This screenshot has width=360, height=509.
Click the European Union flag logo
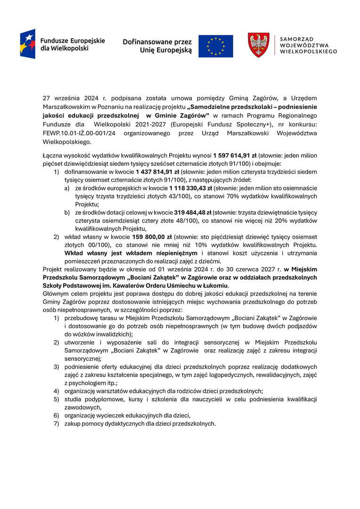tap(215, 46)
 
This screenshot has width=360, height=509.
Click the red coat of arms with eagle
tap(259, 45)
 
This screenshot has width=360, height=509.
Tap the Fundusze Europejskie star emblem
tap(28, 44)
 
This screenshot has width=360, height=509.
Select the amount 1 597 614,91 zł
tap(235, 155)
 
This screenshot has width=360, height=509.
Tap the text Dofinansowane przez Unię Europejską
tap(157, 46)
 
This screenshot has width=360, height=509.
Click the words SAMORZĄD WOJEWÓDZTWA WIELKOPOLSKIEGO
tap(308, 46)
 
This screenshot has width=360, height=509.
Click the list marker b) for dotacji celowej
tap(68, 213)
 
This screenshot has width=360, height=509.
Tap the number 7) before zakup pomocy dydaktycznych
tap(56, 423)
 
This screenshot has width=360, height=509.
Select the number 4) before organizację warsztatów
tap(56, 391)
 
